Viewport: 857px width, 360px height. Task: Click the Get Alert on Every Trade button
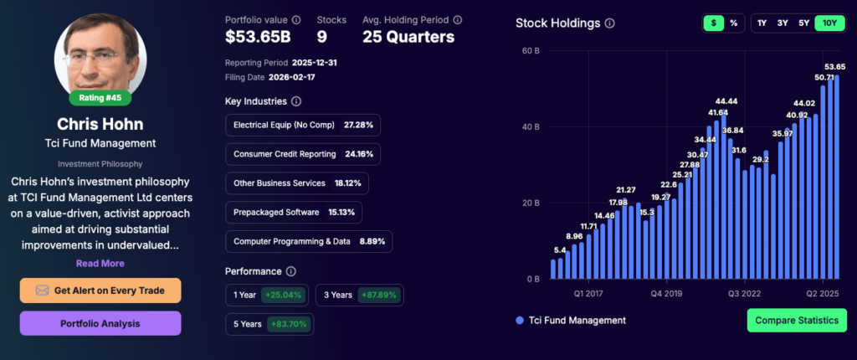tap(100, 291)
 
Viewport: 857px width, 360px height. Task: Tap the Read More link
tap(100, 263)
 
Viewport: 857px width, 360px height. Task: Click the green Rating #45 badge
tap(100, 98)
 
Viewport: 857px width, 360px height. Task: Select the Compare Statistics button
tap(797, 321)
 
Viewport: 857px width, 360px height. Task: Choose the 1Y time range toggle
tap(762, 23)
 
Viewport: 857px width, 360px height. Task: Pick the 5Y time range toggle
tap(803, 23)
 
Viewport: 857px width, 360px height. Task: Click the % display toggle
tap(733, 23)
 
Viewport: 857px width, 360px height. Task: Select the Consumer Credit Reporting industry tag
tap(303, 154)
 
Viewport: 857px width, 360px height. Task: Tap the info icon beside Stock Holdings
tap(610, 23)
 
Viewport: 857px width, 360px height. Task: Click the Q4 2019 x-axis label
tap(667, 294)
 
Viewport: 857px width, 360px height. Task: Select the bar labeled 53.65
tap(835, 176)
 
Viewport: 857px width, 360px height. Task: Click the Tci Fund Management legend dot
tap(520, 321)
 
